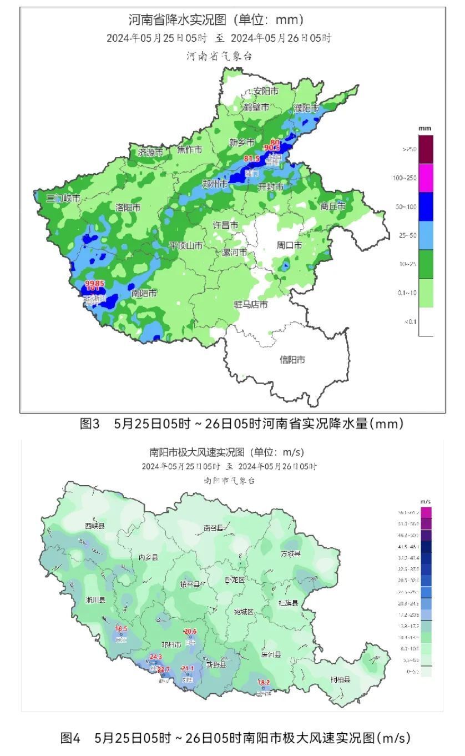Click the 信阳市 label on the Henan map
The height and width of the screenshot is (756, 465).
point(292,360)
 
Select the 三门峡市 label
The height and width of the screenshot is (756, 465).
point(63,198)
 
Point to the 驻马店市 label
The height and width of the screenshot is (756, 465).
point(250,305)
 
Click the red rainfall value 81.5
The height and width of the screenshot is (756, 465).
point(252,159)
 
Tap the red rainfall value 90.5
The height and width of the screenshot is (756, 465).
point(272,148)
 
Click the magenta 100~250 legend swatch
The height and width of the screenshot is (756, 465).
point(426,178)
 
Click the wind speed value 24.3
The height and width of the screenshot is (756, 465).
point(156,657)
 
